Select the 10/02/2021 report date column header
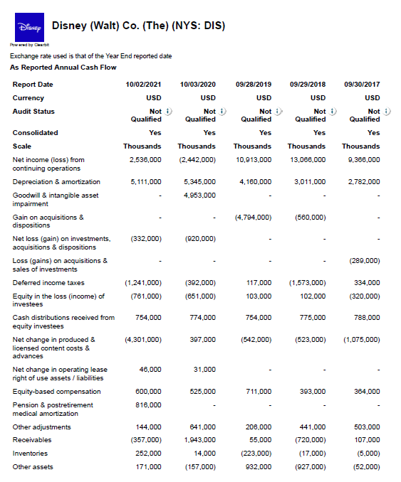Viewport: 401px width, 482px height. tap(143, 84)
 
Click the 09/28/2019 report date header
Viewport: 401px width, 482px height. tap(254, 84)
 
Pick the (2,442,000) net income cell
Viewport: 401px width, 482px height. tap(196, 160)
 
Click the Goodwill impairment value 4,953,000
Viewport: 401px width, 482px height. tap(199, 195)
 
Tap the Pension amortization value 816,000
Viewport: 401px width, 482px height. tap(147, 405)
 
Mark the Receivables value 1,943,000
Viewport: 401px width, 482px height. tap(199, 440)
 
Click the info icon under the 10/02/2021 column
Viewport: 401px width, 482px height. tap(167, 111)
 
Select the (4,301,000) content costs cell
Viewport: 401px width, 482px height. tap(142, 340)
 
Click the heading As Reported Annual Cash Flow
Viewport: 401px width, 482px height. tap(63, 68)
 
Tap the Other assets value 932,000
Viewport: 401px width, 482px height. tap(257, 466)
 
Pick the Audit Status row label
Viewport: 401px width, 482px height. tap(33, 112)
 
